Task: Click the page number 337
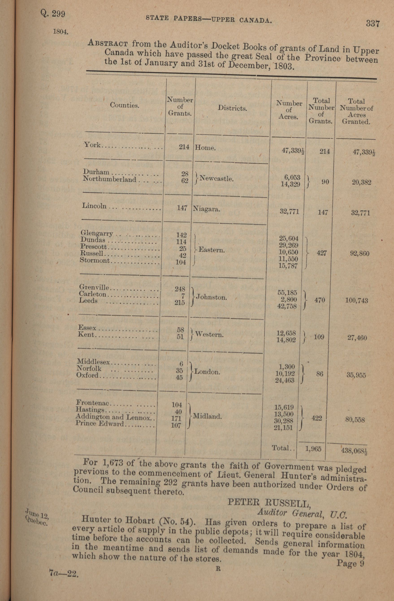point(373,24)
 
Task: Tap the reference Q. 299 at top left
point(53,14)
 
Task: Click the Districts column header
point(232,108)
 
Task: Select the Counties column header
point(125,105)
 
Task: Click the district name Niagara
point(206,209)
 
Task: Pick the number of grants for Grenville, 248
point(180,289)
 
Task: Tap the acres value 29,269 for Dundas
point(288,245)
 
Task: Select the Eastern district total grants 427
point(322,253)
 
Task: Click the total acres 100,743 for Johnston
point(356,300)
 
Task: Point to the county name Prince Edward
point(100,424)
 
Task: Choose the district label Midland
point(207,416)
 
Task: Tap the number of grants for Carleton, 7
point(183,296)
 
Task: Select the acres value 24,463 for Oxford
point(285,380)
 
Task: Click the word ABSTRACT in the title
point(108,43)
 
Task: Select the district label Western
point(209,335)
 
